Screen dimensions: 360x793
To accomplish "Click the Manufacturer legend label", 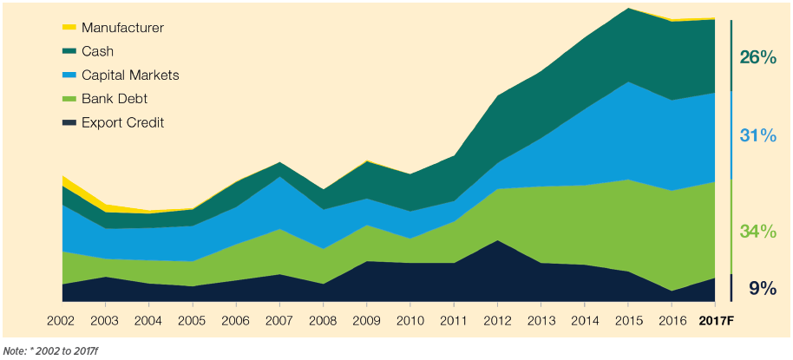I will tap(122, 28).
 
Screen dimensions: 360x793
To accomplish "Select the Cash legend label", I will tap(97, 51).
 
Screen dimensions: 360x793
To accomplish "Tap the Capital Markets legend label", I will tap(130, 75).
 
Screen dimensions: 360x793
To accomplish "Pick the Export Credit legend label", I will tap(122, 122).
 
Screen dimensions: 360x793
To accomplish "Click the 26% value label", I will tap(757, 57).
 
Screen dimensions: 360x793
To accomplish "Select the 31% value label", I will tap(757, 135).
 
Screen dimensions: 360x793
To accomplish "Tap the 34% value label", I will tap(757, 231).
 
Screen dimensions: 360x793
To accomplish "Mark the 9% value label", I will tap(762, 288).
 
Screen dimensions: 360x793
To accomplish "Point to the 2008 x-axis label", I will tap(323, 320).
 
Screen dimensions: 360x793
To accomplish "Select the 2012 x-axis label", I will tap(496, 320).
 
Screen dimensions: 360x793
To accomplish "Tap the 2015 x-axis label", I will tap(626, 320).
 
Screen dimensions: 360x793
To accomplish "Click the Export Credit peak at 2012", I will tap(496, 241).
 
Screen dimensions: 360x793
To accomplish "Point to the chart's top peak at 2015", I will tap(627, 10).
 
